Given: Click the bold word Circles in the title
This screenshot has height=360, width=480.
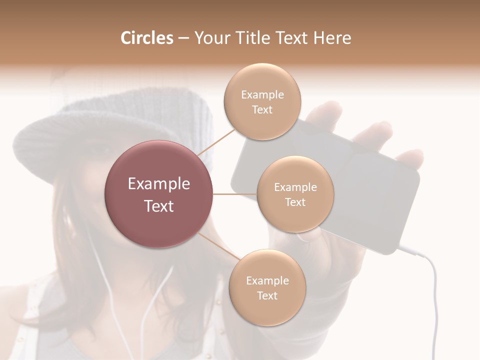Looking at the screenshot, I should coord(146,38).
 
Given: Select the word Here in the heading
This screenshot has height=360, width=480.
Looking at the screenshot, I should coord(332,38).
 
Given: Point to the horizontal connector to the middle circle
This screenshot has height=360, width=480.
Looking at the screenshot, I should coord(234,194).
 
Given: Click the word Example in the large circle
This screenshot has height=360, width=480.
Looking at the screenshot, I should coord(159,184).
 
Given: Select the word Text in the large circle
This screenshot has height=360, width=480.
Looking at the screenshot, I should coord(159,206).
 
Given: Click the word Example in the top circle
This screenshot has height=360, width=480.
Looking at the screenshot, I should coord(262,94).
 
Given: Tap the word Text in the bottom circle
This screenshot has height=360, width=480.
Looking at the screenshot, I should coord(267,295).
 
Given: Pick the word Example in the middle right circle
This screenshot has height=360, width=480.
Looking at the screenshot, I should coord(295,187).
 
